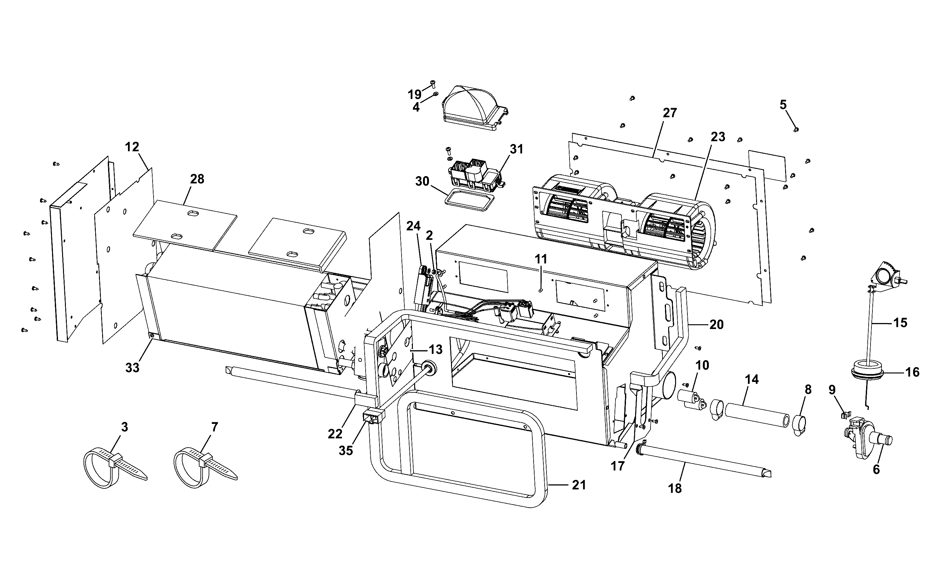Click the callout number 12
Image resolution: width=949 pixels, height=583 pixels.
point(132,147)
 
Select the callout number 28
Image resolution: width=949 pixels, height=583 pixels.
point(197,179)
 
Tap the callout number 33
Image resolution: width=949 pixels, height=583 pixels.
point(132,368)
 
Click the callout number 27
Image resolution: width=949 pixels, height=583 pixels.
point(670,113)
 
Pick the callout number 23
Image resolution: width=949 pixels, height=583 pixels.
point(718,136)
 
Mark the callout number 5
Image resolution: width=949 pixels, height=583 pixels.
point(783,105)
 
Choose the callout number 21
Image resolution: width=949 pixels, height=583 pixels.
point(579,485)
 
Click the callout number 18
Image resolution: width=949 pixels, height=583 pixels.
point(675,488)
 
